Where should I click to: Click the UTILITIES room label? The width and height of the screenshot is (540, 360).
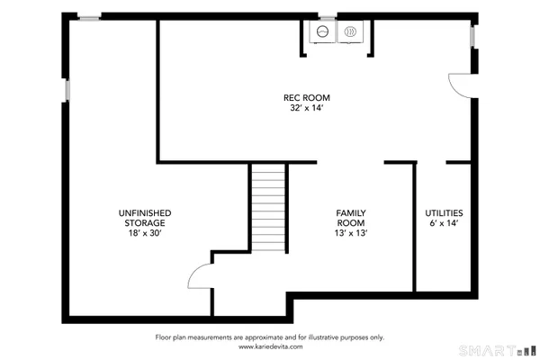tap(444, 212)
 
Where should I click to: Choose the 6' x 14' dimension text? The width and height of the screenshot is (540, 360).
tap(444, 223)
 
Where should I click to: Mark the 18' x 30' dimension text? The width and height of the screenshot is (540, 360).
tap(145, 233)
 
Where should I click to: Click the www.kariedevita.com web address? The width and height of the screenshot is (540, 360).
tap(270, 346)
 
